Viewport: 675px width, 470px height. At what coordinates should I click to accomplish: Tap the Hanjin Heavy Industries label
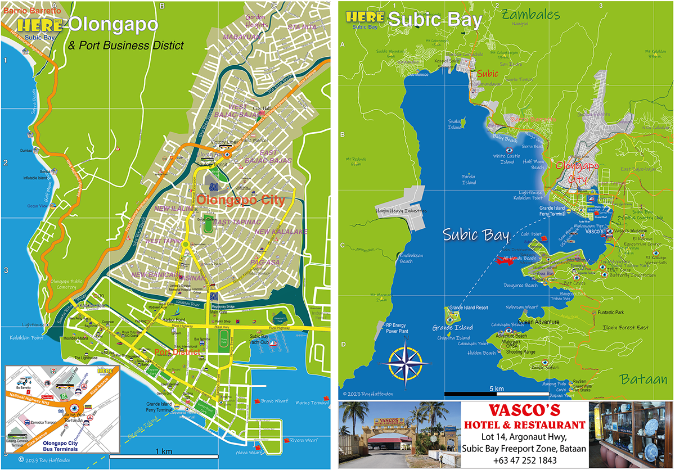(x=402, y=211)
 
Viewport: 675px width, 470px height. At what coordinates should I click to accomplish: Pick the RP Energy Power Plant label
(x=400, y=328)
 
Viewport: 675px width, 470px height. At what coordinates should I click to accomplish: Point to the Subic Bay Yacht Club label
(x=262, y=340)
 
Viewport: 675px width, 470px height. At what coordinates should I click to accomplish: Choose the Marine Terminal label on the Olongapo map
(x=312, y=402)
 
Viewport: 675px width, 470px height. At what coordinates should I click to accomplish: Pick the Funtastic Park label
(x=611, y=312)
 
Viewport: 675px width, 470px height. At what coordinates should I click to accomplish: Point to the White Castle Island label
(x=507, y=159)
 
